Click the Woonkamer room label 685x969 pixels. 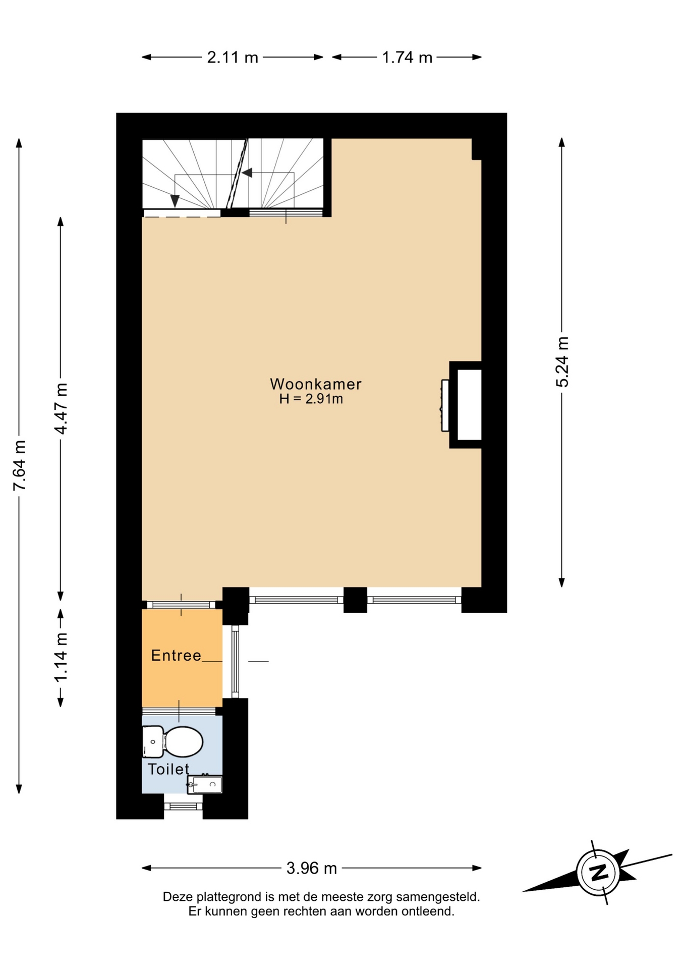point(316,384)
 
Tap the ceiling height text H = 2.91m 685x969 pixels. point(311,399)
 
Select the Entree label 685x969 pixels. point(176,655)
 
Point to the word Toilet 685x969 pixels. point(168,769)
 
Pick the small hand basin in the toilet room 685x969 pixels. point(205,784)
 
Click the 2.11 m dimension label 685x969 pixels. point(233,58)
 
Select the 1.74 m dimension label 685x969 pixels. point(407,58)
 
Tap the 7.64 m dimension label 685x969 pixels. point(20,465)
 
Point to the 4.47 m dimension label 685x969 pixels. point(61,409)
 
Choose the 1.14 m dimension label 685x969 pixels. point(61,657)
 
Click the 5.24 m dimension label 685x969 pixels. point(562,362)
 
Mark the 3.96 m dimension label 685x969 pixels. point(312,868)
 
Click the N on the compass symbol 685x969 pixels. point(599,872)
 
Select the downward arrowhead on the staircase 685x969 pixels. point(175,201)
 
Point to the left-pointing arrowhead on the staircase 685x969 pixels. point(247,173)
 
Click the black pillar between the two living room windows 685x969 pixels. point(355,600)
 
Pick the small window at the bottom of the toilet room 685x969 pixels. point(183,806)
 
